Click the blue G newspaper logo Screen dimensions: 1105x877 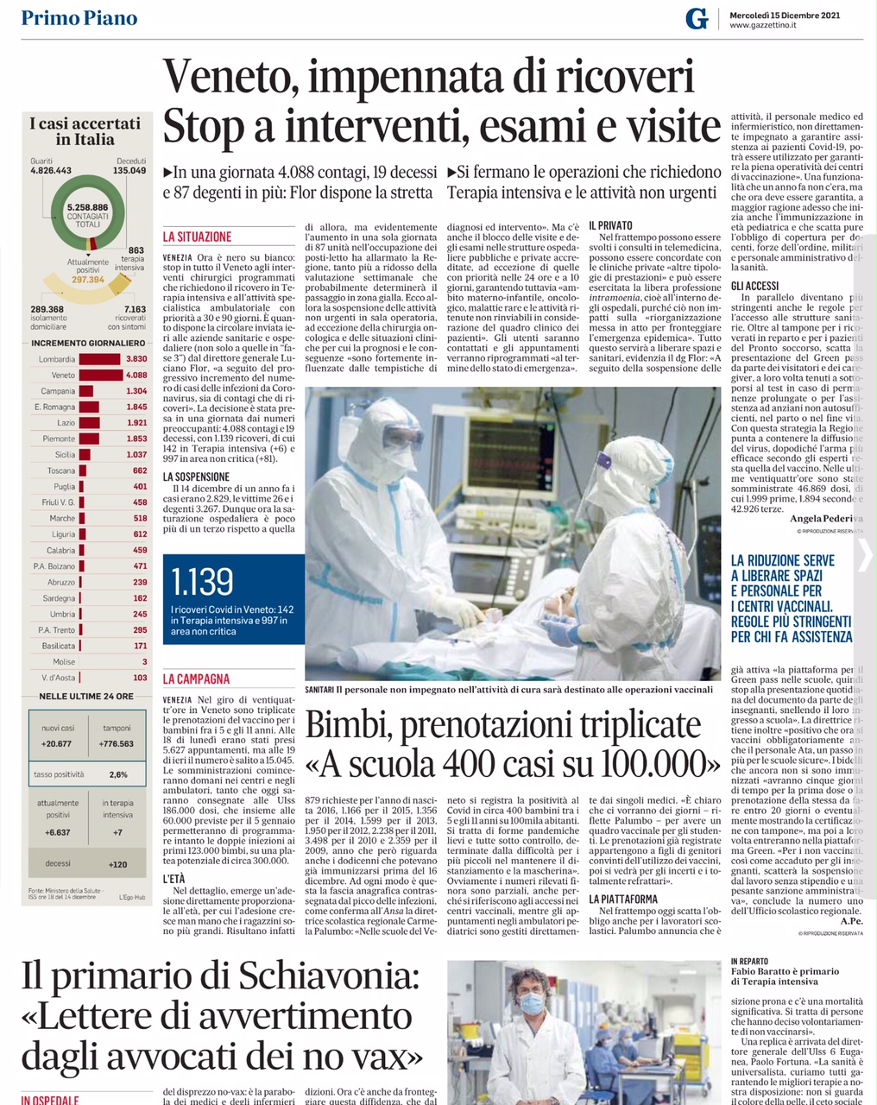click(696, 18)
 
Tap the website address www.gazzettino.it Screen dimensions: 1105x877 click(762, 26)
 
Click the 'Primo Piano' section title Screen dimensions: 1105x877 click(79, 18)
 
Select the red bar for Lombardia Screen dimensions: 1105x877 click(99, 359)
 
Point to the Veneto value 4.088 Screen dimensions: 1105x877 click(136, 376)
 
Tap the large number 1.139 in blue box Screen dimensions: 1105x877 click(202, 583)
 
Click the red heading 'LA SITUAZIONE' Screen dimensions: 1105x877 click(197, 237)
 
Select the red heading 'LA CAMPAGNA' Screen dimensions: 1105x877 click(196, 679)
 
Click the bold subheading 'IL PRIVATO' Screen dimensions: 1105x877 click(610, 225)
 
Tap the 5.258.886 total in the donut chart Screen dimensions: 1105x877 click(87, 208)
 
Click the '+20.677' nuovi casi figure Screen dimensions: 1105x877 click(57, 743)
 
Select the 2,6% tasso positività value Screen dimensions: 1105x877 click(118, 774)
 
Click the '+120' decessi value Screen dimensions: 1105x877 click(118, 864)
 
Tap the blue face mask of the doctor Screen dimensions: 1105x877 click(530, 1004)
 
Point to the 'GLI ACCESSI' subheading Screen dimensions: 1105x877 click(754, 286)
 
